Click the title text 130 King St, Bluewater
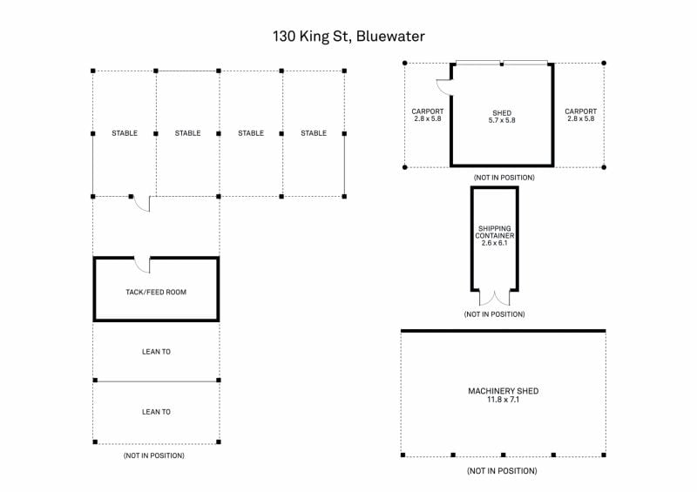tap(348, 37)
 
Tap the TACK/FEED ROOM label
tap(156, 292)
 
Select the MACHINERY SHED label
tap(503, 391)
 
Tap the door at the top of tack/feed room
tap(142, 264)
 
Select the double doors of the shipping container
tap(494, 297)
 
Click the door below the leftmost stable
tap(142, 203)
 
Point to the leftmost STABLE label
tap(125, 133)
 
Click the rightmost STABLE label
tap(314, 133)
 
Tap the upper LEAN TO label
tap(156, 352)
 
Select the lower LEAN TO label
tap(156, 412)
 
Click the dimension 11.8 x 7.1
tap(503, 401)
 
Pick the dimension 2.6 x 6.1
tap(494, 242)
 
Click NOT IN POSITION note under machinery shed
tap(502, 471)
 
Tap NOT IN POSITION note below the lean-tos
tap(154, 455)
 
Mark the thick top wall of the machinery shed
tap(503, 331)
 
